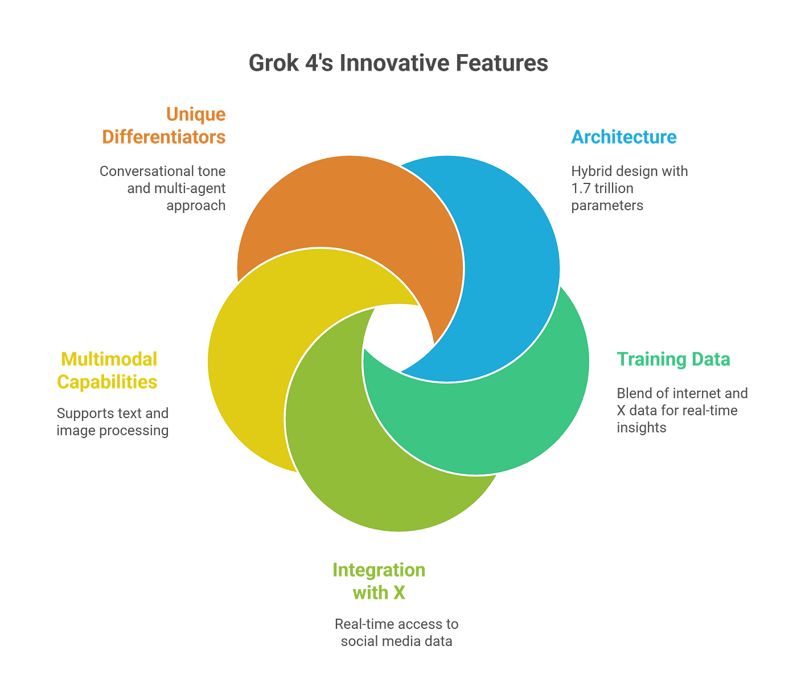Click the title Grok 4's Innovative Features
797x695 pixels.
click(398, 63)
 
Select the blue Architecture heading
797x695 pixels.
click(624, 137)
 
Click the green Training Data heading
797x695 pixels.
click(673, 359)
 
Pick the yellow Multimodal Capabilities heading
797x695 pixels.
click(108, 370)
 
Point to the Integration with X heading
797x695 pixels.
click(379, 581)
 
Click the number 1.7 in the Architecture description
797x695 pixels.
click(581, 189)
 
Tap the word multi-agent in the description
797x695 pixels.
click(188, 189)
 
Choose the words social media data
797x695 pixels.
click(397, 641)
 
